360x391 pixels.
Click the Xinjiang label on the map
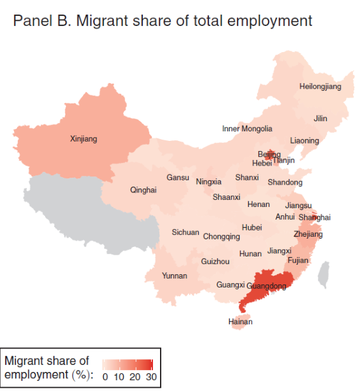[x=83, y=138]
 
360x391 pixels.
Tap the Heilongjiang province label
[x=320, y=86]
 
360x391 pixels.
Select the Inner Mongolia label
[x=247, y=129]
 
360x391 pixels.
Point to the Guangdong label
[x=266, y=286]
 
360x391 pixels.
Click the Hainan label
[x=240, y=322]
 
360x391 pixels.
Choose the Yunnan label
[x=175, y=275]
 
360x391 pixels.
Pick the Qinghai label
[x=143, y=190]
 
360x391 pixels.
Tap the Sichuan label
[x=185, y=232]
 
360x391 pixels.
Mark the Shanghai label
[x=314, y=217]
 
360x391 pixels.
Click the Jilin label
[x=321, y=119]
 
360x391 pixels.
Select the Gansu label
[x=178, y=178]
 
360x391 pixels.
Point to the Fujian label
[x=298, y=260]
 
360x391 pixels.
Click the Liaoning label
[x=305, y=140]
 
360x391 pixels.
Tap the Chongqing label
[x=222, y=237]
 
